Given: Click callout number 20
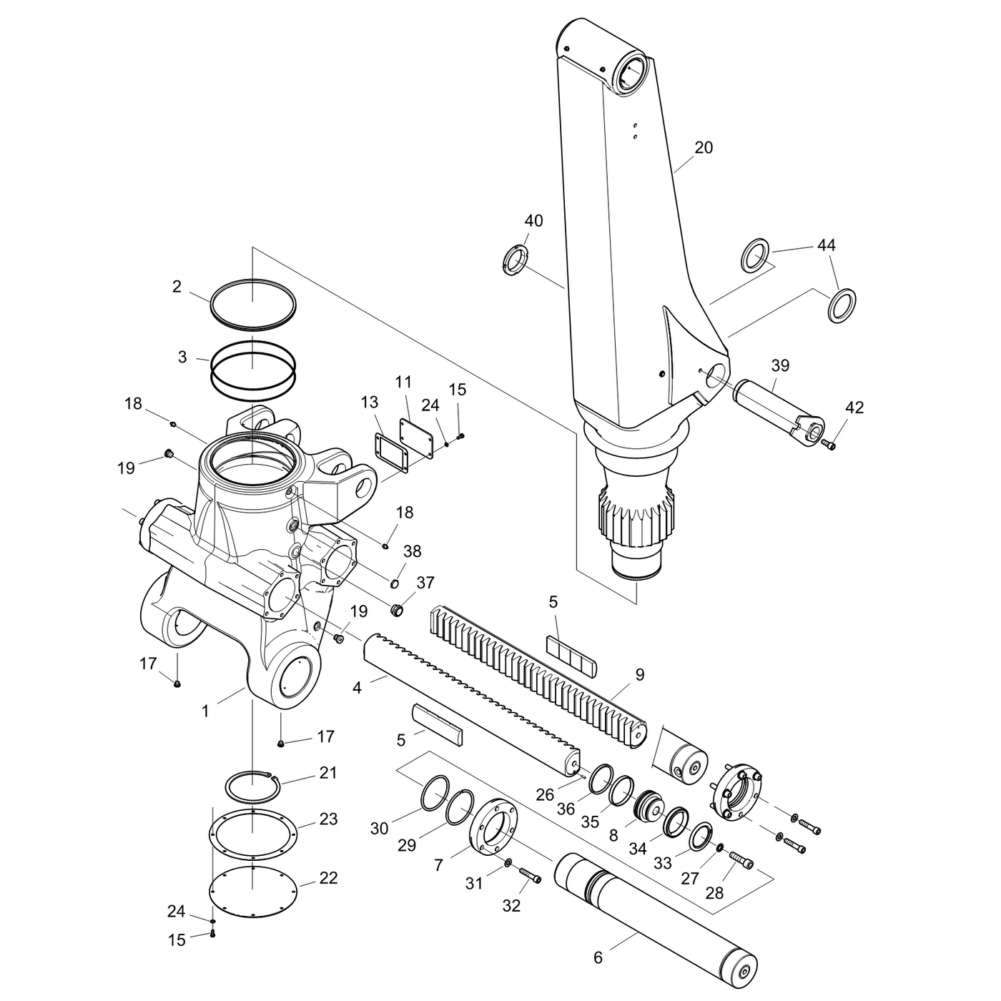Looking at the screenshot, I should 704,148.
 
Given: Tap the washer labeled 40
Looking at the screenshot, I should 516,259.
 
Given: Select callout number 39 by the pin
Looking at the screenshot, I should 780,365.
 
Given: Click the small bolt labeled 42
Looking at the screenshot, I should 829,445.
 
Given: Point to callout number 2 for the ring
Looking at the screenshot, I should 177,287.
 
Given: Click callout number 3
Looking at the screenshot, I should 182,357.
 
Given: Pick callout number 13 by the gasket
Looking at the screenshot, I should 370,403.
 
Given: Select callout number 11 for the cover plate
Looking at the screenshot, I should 403,382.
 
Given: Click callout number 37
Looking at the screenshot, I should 425,583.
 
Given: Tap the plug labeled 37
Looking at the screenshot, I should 397,610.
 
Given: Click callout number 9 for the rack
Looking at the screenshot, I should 639,674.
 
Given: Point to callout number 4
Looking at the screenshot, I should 357,688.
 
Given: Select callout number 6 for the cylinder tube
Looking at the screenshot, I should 598,957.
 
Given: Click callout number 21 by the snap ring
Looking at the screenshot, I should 328,773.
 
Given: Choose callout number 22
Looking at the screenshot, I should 328,877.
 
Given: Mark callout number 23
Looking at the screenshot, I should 328,819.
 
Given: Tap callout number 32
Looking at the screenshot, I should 511,905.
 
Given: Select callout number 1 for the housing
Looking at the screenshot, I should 205,711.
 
